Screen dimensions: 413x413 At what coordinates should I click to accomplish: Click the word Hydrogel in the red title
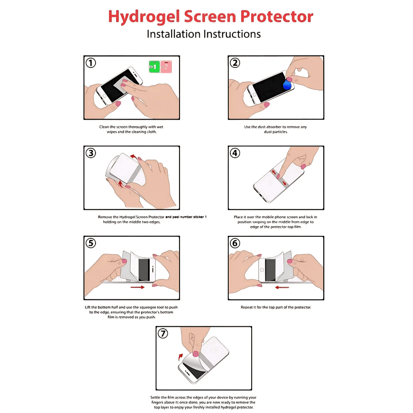tap(144, 17)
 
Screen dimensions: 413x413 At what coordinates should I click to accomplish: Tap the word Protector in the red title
tap(277, 17)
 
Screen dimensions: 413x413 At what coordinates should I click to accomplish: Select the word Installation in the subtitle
tap(173, 34)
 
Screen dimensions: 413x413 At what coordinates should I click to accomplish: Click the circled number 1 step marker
tap(91, 63)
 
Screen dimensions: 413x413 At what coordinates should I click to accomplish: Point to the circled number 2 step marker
tap(235, 63)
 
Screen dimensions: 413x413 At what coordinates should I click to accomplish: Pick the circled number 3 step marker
tap(91, 153)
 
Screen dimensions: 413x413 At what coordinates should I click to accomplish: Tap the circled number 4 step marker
tap(235, 153)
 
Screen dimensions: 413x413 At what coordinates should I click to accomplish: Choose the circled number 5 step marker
tap(91, 243)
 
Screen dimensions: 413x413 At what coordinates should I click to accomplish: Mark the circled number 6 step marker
tap(235, 243)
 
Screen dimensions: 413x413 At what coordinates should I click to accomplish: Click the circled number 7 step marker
tap(163, 334)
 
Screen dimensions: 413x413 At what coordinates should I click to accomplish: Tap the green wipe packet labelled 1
tap(154, 67)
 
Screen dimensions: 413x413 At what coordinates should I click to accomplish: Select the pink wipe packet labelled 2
tap(166, 67)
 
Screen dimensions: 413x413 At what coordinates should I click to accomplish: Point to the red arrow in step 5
tap(138, 287)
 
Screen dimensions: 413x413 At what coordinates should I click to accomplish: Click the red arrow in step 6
tap(282, 287)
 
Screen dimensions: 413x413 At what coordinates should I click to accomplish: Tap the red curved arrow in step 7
tap(180, 357)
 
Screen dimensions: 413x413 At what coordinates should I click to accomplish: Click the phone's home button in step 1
tap(104, 96)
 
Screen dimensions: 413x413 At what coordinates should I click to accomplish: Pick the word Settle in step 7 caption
tap(155, 397)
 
